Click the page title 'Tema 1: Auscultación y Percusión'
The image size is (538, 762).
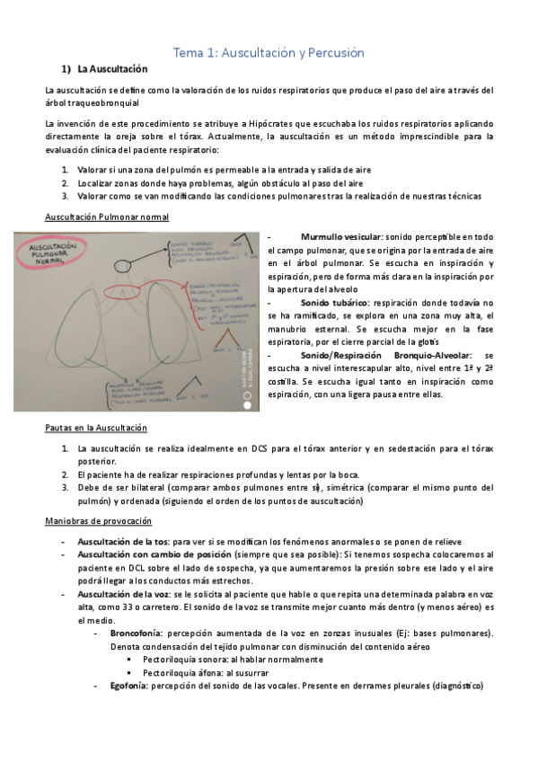pos(269,53)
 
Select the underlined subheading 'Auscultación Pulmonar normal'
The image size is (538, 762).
pos(106,217)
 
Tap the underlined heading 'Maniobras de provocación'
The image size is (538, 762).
pos(99,521)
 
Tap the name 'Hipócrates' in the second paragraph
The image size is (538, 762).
pos(274,122)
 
